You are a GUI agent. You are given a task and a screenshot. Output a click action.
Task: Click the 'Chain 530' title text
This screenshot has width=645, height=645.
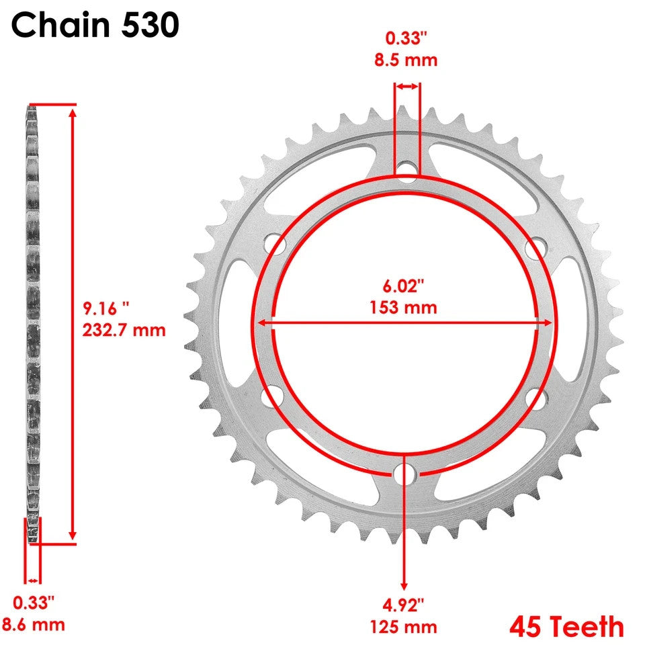coord(95,26)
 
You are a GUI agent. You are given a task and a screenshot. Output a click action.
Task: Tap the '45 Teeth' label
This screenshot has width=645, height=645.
coord(566,627)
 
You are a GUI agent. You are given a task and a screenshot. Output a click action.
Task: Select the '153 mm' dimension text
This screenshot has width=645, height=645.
coord(403,308)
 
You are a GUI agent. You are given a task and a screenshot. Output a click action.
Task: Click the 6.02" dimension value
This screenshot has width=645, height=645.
coord(404,286)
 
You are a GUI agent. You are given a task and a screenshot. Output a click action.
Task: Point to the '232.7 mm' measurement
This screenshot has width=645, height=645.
coord(124,330)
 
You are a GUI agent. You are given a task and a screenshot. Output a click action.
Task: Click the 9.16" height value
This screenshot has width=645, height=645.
coord(106,308)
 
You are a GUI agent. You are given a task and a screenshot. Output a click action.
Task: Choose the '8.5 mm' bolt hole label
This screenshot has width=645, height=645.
coord(406,60)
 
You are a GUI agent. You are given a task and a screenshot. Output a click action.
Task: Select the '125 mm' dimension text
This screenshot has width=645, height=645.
coord(404,628)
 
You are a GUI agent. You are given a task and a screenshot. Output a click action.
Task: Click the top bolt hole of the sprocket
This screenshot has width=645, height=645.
coord(405,169)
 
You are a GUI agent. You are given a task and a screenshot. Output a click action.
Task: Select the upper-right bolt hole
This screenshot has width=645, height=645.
coord(535,246)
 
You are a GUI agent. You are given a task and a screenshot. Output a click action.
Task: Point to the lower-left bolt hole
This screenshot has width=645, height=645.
coord(272,398)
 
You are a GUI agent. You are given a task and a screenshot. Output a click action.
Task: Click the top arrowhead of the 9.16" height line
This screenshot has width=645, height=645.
coord(73,112)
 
